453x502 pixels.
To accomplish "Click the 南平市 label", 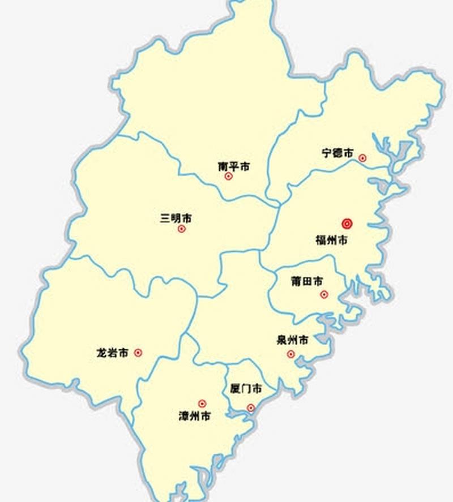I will point(234,167).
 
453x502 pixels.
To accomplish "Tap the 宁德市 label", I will point(337,153).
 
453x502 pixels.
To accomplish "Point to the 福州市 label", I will point(332,240).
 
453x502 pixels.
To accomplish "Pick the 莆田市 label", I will point(307,281).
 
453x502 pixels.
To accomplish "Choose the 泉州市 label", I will point(293,341).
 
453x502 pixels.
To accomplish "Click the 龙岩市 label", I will point(113,353).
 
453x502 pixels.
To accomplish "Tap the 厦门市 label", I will point(246,389).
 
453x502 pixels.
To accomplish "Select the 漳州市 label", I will point(195,416).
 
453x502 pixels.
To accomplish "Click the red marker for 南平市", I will point(229,176).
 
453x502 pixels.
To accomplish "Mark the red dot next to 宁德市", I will point(362,158).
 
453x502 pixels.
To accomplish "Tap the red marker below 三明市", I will point(182,229).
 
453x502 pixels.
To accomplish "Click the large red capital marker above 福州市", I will point(347,224).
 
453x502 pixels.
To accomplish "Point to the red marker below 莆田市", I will point(324,294).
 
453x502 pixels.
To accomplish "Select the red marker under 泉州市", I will point(290,354).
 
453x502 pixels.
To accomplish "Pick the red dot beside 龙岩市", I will point(138,353).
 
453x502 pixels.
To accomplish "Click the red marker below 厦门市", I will point(251,407).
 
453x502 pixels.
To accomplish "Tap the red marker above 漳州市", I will point(202,404).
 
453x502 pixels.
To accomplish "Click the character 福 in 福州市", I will point(320,240).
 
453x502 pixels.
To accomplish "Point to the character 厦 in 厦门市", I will point(236,389).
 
